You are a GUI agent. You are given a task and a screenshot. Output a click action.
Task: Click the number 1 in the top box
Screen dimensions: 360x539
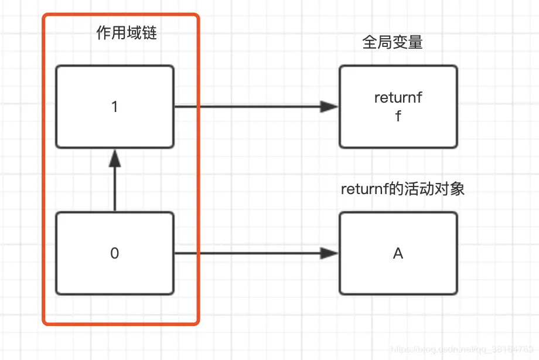pyautogui.click(x=114, y=107)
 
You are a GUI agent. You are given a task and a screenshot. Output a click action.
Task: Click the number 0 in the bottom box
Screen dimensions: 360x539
pyautogui.click(x=114, y=254)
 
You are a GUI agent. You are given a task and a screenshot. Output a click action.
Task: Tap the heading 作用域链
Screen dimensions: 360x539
pyautogui.click(x=127, y=33)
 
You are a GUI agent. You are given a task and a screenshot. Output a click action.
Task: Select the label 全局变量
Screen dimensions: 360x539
pyautogui.click(x=393, y=42)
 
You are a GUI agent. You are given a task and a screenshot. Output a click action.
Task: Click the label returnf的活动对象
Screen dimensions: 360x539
pyautogui.click(x=402, y=189)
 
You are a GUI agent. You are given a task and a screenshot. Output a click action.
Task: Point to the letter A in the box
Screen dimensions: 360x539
pyautogui.click(x=398, y=254)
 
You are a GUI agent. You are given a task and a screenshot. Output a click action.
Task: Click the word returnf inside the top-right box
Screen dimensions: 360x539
pyautogui.click(x=398, y=98)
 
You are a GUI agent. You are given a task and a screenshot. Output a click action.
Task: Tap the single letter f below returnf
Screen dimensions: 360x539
pyautogui.click(x=398, y=116)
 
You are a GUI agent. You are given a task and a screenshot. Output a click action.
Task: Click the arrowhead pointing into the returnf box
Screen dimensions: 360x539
pyautogui.click(x=330, y=107)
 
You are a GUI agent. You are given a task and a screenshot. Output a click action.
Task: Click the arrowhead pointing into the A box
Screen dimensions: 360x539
pyautogui.click(x=330, y=253)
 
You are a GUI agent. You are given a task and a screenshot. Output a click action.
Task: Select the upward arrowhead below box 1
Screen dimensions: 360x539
pyautogui.click(x=115, y=157)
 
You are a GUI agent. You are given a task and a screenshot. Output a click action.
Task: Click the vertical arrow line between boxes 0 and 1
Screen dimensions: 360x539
pyautogui.click(x=115, y=188)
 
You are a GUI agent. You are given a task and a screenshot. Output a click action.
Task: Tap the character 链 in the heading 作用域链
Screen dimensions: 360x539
pyautogui.click(x=149, y=33)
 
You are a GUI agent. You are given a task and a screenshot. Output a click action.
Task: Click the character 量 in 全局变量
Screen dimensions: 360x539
pyautogui.click(x=415, y=42)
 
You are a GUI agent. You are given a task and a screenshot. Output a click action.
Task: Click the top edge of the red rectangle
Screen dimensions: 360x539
pyautogui.click(x=121, y=15)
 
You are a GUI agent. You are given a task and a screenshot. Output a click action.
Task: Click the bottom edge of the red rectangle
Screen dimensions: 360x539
pyautogui.click(x=121, y=323)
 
